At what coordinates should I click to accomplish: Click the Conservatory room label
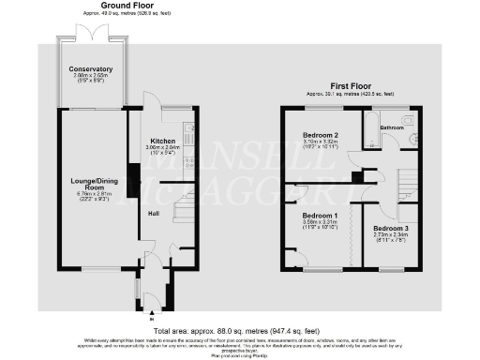click(x=91, y=68)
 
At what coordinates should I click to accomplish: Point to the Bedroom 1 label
click(x=310, y=214)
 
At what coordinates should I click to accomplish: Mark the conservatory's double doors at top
click(x=92, y=35)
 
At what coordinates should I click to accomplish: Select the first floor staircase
click(x=408, y=186)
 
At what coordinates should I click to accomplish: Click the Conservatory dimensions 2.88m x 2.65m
click(x=92, y=76)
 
